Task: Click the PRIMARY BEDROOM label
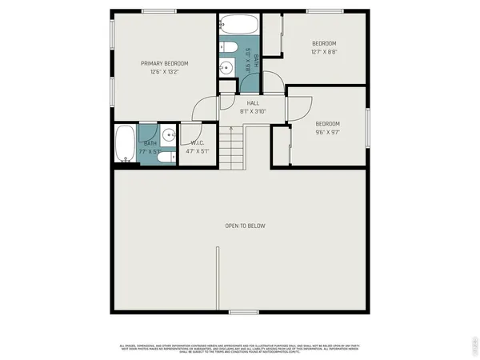165,63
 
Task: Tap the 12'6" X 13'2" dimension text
165,71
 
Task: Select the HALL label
253,103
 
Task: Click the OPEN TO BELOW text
244,226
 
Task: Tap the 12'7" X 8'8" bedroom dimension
324,51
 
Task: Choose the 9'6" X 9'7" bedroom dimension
327,132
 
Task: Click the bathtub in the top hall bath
236,23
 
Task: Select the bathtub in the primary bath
125,144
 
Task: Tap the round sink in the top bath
226,67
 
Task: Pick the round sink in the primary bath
169,135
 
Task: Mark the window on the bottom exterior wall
241,312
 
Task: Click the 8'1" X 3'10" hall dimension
253,111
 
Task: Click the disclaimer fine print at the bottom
240,347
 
